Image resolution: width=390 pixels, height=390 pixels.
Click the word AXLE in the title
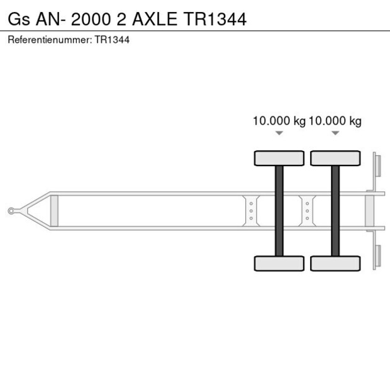click(x=155, y=19)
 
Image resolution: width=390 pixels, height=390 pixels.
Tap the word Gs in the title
click(x=19, y=19)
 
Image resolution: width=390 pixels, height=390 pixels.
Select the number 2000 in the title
click(x=91, y=19)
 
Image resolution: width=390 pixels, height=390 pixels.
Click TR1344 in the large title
click(x=215, y=19)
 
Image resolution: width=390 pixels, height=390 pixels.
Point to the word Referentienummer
click(x=50, y=40)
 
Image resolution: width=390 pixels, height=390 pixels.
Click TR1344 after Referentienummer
click(x=112, y=40)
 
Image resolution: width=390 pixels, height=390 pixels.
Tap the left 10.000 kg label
click(x=279, y=121)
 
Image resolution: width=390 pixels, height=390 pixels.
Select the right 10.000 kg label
click(x=335, y=121)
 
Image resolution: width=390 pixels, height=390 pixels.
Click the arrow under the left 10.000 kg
click(x=279, y=133)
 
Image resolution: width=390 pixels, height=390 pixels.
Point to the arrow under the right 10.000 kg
click(x=335, y=133)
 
